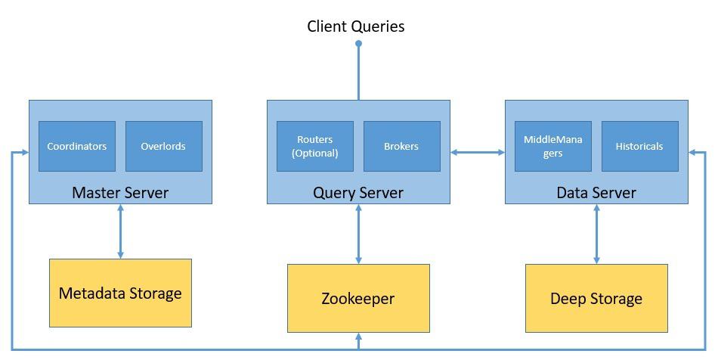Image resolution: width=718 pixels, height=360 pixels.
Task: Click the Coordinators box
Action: coord(77,146)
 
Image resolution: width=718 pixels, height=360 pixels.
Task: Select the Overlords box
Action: coord(164,146)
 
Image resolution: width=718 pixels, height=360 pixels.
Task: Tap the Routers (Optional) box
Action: coord(315,146)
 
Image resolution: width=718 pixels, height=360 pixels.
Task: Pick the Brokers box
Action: coord(402,146)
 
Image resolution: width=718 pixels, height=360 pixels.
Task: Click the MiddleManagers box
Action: coord(553,146)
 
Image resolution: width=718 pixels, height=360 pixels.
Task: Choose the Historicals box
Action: coord(640,146)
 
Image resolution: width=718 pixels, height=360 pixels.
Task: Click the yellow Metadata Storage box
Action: coord(120,293)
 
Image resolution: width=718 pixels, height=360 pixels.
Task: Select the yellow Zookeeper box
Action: coord(358,298)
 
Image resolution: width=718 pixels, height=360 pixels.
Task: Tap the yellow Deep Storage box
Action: coord(596,298)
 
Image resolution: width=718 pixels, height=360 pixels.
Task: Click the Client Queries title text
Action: coord(356,26)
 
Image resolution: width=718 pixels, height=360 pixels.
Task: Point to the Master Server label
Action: coord(120,192)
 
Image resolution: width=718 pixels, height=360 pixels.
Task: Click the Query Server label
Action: coord(358,192)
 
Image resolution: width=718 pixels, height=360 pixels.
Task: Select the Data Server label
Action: coord(596,192)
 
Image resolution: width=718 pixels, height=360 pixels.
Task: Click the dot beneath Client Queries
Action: coord(358,44)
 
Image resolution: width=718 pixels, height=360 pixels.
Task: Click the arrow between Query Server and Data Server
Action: coord(478,152)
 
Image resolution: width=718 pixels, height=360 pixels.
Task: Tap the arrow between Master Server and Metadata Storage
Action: coord(120,231)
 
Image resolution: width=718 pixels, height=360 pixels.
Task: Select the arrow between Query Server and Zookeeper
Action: coord(358,234)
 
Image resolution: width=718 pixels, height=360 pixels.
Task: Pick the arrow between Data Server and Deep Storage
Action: coord(596,234)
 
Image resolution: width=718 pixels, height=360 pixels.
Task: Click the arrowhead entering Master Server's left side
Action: coord(25,152)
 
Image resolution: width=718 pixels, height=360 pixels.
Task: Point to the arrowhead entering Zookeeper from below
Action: coord(358,337)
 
